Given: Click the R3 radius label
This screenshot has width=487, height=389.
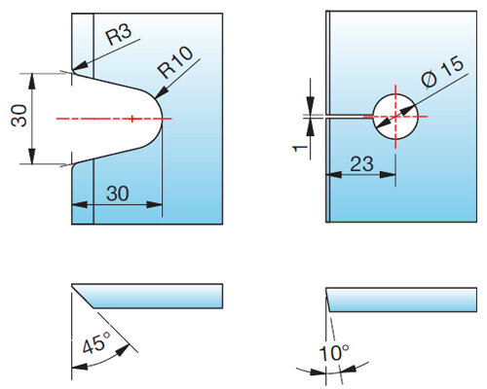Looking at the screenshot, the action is pos(119,35).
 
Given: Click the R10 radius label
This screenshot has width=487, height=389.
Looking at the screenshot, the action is pos(175,62).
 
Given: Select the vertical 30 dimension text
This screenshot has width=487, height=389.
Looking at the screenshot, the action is pos(19,115).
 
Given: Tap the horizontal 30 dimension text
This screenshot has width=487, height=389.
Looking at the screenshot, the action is pos(117,194).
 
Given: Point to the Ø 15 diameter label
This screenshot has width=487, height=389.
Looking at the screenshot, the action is pos(442,72).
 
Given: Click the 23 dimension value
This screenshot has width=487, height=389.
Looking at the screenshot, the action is pos(361,163).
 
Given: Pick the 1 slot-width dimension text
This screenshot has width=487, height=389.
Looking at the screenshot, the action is pos(300,149).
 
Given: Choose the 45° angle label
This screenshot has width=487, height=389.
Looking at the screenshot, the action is pos(96,342).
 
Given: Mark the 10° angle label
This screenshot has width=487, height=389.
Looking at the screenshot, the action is pos(334,353).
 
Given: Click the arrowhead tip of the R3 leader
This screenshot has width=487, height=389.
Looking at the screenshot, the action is pos(73,70).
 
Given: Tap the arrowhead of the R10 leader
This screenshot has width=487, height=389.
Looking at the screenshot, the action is pos(156,98).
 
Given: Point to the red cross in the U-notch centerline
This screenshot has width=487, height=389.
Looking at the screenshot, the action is pos(131,119).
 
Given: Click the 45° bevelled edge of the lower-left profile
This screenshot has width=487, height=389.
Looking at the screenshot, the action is pos(83,296).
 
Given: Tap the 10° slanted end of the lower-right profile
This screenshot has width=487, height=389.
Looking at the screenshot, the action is pos(327,300).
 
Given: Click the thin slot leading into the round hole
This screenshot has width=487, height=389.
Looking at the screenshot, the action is pos(350,117).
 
